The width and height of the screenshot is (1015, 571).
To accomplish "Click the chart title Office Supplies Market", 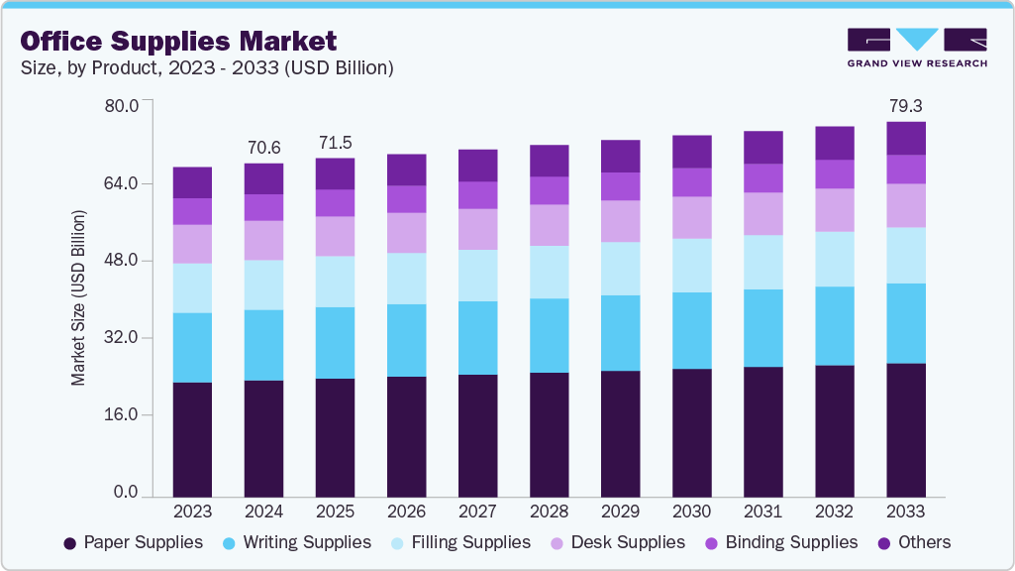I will click(x=178, y=41).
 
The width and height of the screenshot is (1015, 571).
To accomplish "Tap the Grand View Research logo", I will click(x=916, y=47).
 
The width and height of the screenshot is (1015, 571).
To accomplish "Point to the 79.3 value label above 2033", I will click(x=905, y=105).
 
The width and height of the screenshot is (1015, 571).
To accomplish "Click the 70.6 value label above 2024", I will click(x=263, y=148).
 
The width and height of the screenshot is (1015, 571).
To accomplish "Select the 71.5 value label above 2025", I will click(x=335, y=143).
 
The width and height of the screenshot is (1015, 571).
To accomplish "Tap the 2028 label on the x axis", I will click(x=549, y=512).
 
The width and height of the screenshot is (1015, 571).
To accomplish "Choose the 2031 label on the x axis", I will click(x=762, y=512).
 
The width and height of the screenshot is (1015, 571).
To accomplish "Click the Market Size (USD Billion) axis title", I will click(x=78, y=298).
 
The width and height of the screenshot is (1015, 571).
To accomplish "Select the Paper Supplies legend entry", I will click(x=133, y=542).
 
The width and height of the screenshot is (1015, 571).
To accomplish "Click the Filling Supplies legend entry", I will click(x=461, y=542).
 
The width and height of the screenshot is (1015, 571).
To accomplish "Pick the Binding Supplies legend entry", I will click(x=780, y=542).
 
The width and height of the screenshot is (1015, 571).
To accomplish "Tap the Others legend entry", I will click(x=913, y=542).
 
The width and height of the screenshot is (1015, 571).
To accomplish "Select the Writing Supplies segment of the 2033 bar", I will click(x=905, y=323).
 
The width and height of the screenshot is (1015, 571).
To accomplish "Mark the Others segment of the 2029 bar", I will click(x=620, y=156).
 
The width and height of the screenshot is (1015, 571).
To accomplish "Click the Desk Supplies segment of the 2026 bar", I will click(x=406, y=232).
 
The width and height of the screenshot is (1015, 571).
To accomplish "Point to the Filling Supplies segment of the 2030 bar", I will click(x=691, y=265).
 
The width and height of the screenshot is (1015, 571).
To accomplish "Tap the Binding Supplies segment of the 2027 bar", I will click(x=477, y=194).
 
